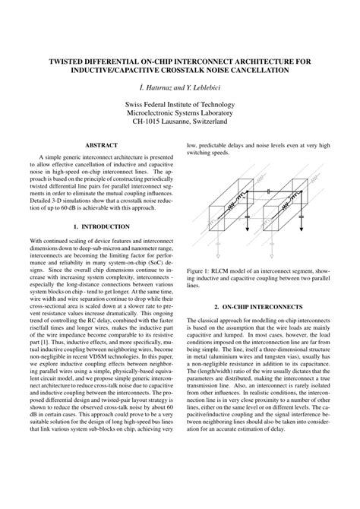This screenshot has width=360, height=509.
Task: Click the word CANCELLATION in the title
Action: click(x=254, y=71)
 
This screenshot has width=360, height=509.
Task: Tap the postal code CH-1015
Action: click(x=149, y=120)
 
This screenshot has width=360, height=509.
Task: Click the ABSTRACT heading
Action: click(x=101, y=144)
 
